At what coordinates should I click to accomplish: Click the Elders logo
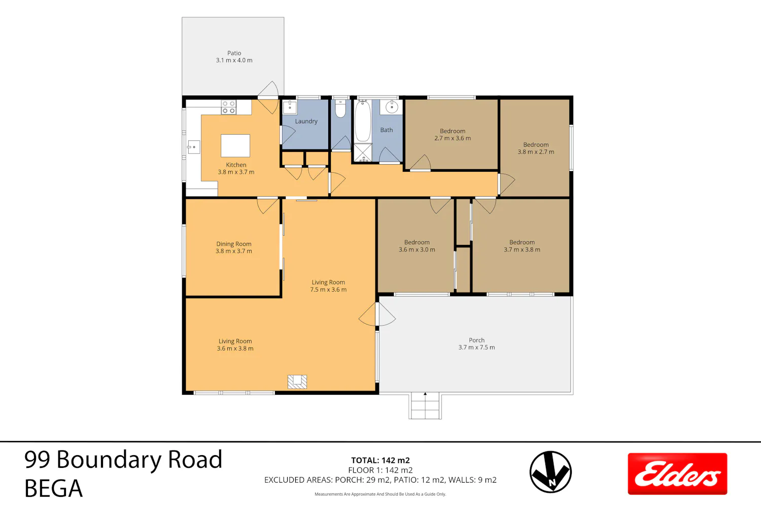pos(677,473)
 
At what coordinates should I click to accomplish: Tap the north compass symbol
pos(550,472)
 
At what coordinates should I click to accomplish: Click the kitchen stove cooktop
pos(229,107)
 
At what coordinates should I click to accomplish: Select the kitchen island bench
pos(235,146)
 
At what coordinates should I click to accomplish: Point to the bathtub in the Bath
pos(363,121)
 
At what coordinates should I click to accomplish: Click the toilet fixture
pos(340,109)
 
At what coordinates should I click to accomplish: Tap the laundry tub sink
pos(290,107)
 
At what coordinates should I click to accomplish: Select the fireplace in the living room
pos(297,382)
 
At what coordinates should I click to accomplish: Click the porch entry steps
pos(425,405)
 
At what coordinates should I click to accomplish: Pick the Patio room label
pos(234,56)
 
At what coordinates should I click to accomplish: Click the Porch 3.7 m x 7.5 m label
pos(477,343)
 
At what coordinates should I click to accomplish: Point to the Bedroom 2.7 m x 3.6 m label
pos(453,135)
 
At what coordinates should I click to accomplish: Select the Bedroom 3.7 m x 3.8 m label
pos(522,246)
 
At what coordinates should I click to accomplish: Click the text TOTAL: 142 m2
pos(380,460)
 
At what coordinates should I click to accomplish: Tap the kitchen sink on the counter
pos(194,147)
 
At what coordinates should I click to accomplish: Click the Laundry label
pos(306,121)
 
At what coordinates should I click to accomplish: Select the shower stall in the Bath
pos(363,152)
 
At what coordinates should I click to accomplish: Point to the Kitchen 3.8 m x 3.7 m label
pos(236,169)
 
